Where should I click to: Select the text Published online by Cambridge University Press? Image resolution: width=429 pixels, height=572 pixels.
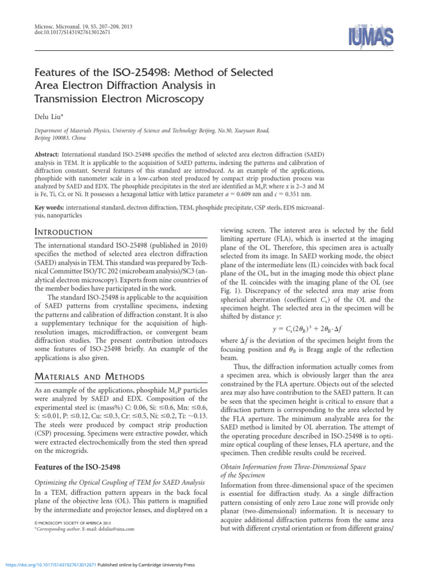[x=146, y=565]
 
